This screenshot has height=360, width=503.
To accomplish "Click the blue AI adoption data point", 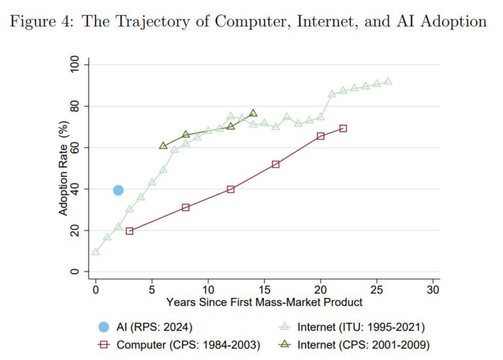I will [x=118, y=190].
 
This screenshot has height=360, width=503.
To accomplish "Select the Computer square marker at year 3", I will [x=129, y=231].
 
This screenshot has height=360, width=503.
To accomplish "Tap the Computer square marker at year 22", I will [x=343, y=128].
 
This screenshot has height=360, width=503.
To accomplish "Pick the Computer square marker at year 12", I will [x=231, y=189].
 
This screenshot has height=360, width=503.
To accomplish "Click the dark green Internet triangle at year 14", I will [x=253, y=113].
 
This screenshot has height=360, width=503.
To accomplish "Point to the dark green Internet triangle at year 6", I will [x=163, y=145].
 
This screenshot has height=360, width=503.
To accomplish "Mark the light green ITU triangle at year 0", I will [x=96, y=252].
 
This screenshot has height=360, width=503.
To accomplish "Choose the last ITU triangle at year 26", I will [x=388, y=81].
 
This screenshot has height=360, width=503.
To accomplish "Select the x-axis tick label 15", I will [x=265, y=288].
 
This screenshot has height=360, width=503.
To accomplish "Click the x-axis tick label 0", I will [x=96, y=288].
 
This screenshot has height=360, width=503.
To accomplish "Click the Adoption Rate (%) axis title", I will [x=63, y=167].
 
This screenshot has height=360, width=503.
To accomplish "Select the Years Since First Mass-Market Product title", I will [x=264, y=303].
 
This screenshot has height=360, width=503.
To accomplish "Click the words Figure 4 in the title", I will [x=42, y=22].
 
